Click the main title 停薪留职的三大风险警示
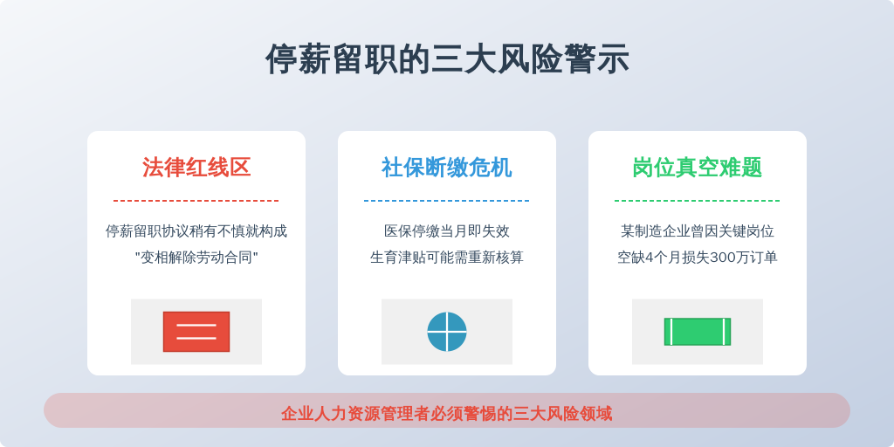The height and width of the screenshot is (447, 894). [x=447, y=58]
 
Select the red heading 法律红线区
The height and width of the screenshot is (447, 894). [x=196, y=168]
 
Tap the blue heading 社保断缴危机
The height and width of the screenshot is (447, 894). [x=447, y=168]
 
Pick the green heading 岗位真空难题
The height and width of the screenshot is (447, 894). [x=698, y=168]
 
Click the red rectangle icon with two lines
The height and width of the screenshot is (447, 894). [x=196, y=332]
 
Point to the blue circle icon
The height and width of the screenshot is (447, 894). [x=447, y=332]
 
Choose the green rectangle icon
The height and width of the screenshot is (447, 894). [x=698, y=332]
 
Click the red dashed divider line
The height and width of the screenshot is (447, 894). [x=196, y=201]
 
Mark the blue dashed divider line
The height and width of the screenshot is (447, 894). [x=447, y=201]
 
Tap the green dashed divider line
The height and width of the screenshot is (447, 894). [x=698, y=201]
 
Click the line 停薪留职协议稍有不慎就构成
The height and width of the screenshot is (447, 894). [x=196, y=231]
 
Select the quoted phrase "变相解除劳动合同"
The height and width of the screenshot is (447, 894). [x=196, y=258]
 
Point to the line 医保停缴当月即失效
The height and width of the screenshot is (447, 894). [x=447, y=231]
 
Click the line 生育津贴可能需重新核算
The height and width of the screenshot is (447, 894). [x=447, y=258]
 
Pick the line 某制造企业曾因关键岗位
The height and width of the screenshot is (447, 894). [x=698, y=231]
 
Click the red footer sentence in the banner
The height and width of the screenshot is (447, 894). [x=447, y=413]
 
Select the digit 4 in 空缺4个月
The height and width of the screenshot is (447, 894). [x=649, y=258]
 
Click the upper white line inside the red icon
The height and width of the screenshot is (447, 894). [x=196, y=326]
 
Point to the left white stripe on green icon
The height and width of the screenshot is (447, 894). [x=671, y=332]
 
